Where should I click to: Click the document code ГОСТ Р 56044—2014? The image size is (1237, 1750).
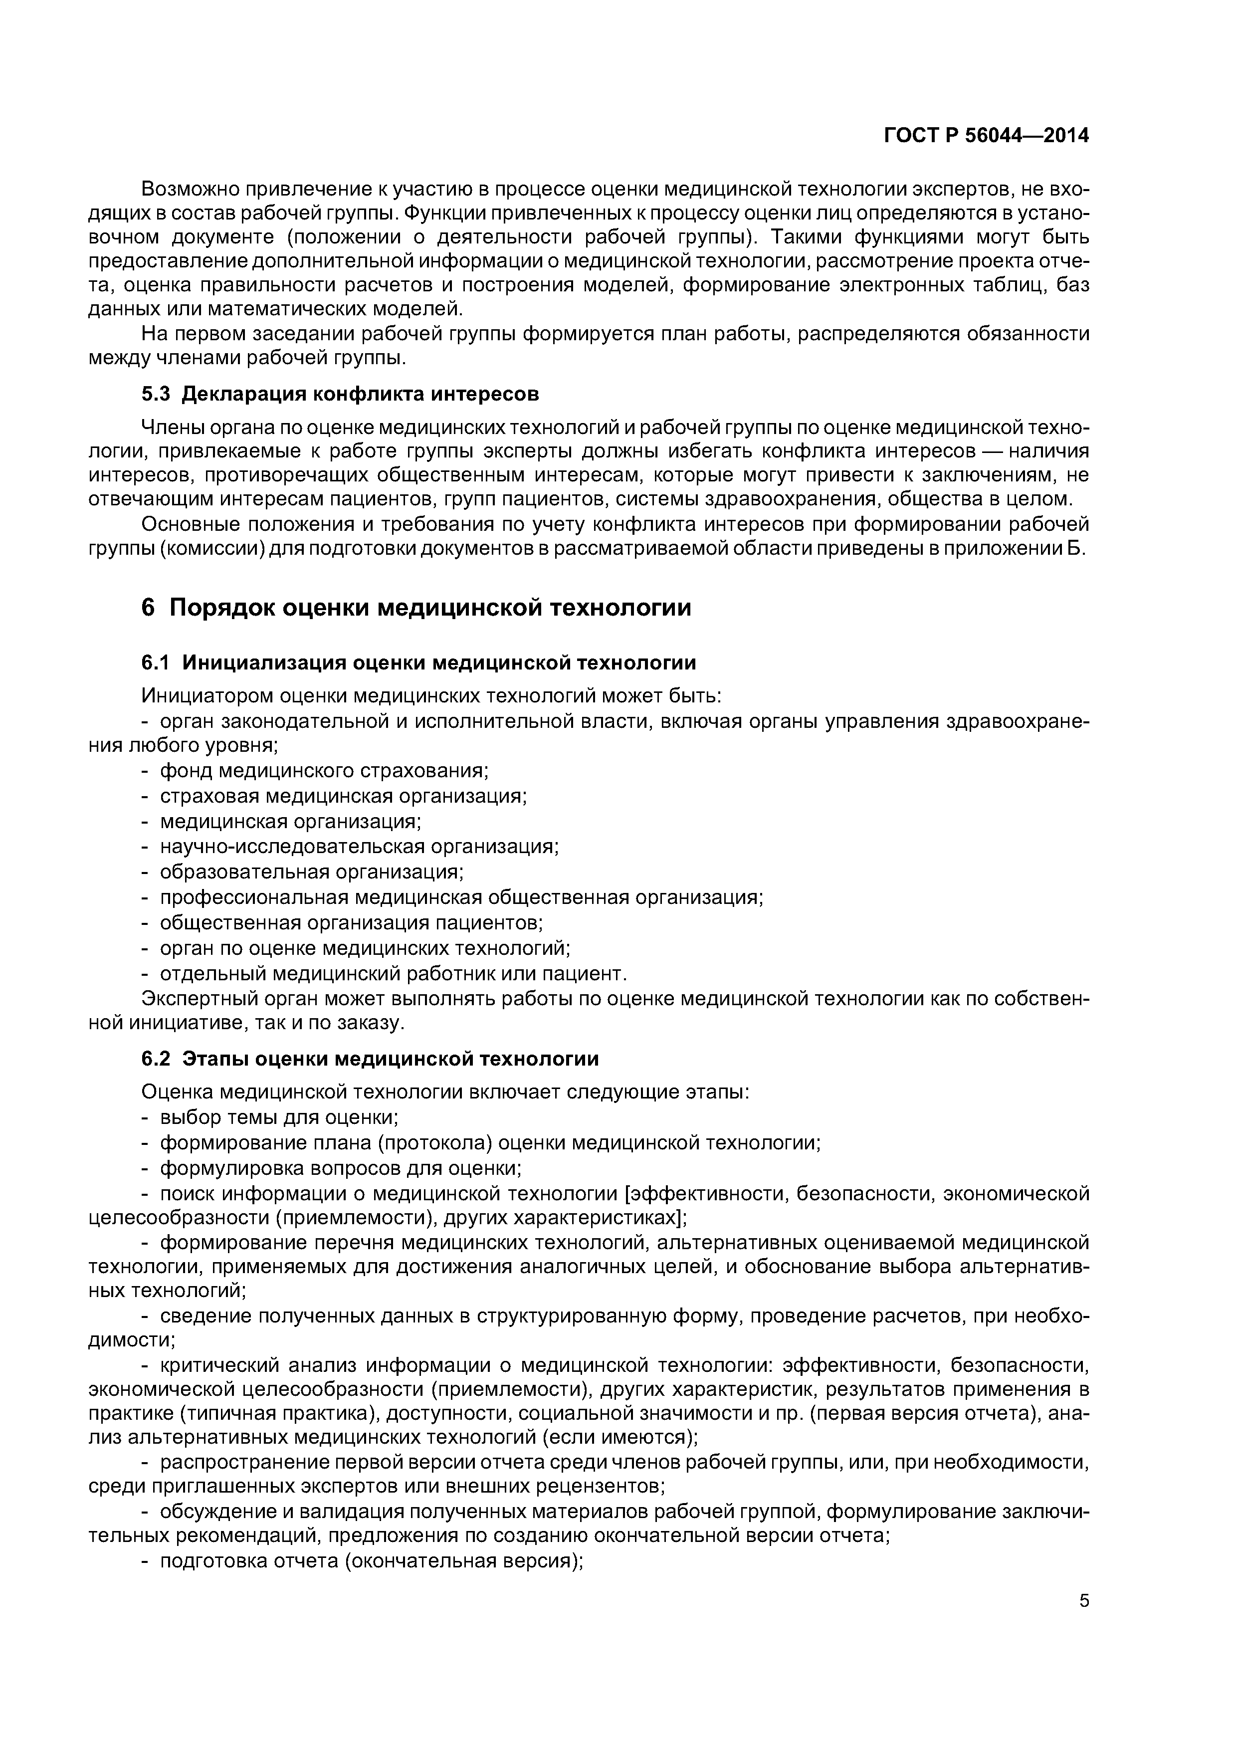[x=986, y=136]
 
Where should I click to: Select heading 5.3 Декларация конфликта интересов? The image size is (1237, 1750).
[x=340, y=394]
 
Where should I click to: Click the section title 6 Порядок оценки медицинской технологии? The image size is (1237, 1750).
[x=416, y=608]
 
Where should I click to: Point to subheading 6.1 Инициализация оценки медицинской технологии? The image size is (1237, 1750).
[x=418, y=663]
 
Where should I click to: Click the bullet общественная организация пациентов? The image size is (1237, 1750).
[x=351, y=923]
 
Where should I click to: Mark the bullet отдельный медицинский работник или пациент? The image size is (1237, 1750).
[x=393, y=974]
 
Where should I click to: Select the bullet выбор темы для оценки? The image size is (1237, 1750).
[x=279, y=1117]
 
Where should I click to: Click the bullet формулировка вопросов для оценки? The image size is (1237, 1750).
[x=340, y=1168]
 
